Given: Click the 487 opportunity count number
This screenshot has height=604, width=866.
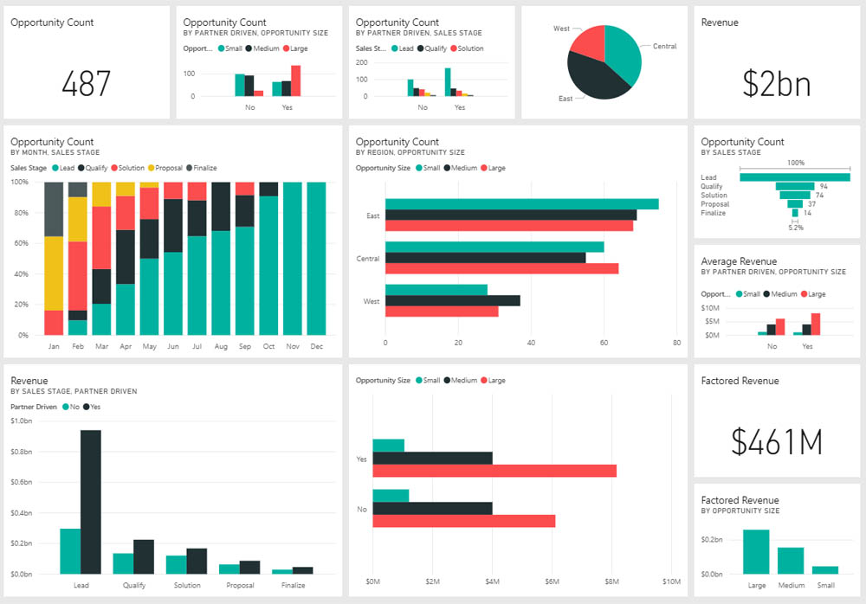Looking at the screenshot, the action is [86, 83].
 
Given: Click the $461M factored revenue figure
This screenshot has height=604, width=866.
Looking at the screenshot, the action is [777, 441].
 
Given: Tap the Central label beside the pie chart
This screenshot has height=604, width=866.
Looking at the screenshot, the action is [664, 47].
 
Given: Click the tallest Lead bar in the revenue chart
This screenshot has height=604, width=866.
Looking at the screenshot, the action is [91, 502].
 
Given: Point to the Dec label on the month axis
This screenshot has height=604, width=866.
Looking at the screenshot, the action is [316, 346].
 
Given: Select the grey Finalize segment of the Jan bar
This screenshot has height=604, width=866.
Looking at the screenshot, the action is [54, 209].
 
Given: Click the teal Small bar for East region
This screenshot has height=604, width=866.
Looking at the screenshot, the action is [522, 204].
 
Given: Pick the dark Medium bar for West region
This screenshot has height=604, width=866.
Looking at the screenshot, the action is [453, 301].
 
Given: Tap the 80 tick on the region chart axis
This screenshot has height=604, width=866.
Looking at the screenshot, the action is [676, 343].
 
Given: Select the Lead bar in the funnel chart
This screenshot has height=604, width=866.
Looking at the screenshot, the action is [795, 177].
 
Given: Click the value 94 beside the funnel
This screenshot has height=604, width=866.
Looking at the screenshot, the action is [824, 187].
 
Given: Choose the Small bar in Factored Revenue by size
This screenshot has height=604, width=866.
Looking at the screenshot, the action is [825, 570].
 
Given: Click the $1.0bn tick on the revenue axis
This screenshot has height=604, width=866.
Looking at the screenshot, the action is [22, 421].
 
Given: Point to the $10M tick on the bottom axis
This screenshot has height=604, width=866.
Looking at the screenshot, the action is [672, 582].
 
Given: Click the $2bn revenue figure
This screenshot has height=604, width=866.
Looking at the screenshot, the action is [777, 84].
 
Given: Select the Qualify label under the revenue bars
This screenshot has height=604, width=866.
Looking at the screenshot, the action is [134, 585].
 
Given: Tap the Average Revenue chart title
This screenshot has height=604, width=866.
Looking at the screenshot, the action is [739, 261].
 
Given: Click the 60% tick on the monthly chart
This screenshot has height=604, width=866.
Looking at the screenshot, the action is [21, 243].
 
